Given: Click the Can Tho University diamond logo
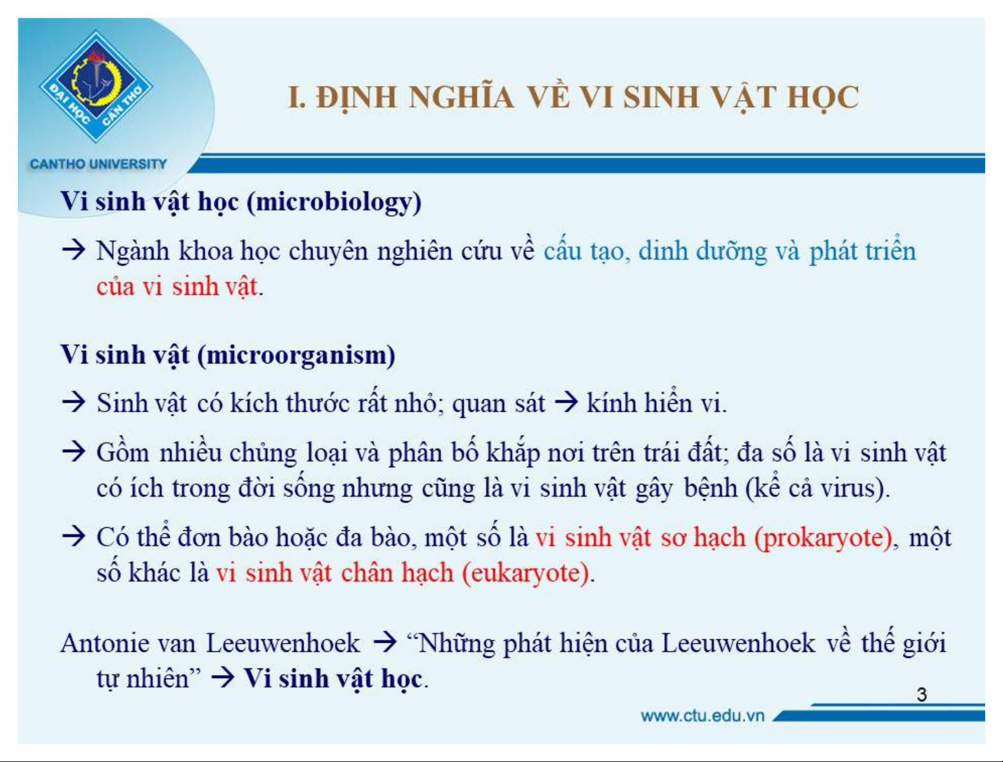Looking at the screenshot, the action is (x=96, y=87).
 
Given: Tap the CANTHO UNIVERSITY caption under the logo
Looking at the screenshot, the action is (x=98, y=164).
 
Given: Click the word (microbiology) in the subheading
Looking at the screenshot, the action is (x=334, y=202).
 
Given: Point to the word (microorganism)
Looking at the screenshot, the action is (x=296, y=356).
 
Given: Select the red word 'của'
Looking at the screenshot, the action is (x=115, y=287).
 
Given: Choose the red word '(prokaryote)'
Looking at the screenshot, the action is (x=824, y=538).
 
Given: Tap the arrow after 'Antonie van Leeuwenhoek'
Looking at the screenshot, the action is (x=385, y=642).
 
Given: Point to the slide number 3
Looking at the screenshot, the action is (x=921, y=695).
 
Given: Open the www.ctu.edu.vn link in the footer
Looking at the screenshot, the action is (x=702, y=716).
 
